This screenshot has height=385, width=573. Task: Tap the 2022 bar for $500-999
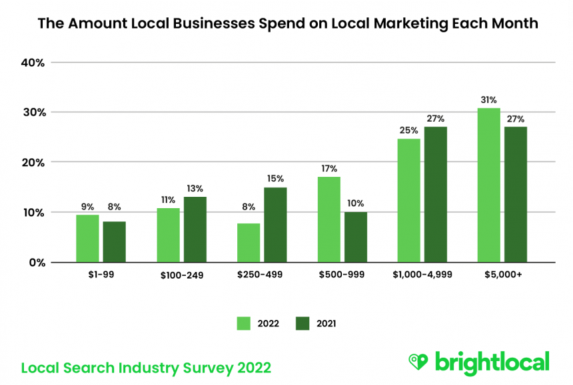point(329,219)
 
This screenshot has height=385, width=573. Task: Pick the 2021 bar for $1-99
point(114,241)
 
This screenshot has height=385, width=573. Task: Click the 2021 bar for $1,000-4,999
point(436,194)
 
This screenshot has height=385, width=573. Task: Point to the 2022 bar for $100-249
point(168,235)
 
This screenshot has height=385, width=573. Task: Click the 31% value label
point(489,100)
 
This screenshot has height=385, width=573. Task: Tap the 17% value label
point(329,169)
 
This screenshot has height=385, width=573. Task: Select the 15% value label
point(275,179)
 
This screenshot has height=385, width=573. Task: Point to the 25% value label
point(408,130)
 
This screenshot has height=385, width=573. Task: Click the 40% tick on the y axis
point(33,63)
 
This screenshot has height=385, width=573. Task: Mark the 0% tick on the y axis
point(37,262)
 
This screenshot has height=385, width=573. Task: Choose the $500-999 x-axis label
point(342,274)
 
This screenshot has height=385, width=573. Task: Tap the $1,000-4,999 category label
point(422,274)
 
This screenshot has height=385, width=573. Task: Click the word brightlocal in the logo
point(492,362)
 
